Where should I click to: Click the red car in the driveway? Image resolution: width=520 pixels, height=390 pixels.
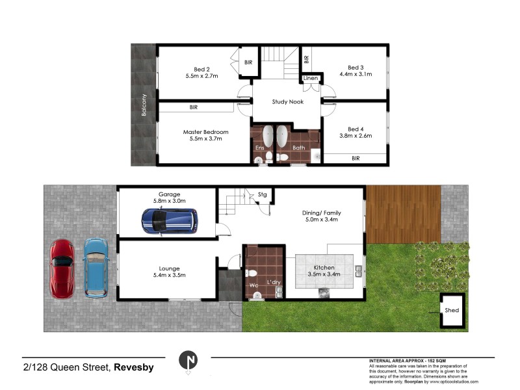[x=63, y=268]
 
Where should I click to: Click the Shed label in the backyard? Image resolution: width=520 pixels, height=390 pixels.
[x=452, y=310]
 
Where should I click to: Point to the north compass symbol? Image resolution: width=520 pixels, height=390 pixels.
[x=188, y=360]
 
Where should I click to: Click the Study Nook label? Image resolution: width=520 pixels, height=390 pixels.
[x=289, y=101]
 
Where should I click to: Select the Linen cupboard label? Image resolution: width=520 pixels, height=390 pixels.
[x=310, y=79]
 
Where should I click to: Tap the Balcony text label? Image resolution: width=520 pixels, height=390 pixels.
[x=144, y=106]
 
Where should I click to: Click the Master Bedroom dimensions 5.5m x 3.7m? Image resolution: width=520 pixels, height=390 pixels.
[x=205, y=138]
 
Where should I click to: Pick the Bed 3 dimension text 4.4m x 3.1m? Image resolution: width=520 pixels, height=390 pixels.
[x=355, y=75]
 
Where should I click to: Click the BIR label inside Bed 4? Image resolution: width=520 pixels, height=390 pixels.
[x=356, y=158]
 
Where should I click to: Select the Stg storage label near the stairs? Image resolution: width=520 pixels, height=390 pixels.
[x=262, y=194]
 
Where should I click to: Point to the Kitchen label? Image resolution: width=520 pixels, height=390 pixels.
[x=324, y=268]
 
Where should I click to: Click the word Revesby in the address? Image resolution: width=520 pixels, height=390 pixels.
[x=134, y=367]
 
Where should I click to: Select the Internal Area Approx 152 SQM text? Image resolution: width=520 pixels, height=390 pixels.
[x=408, y=360]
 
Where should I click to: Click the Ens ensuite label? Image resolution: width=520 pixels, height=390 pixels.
[x=259, y=148]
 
